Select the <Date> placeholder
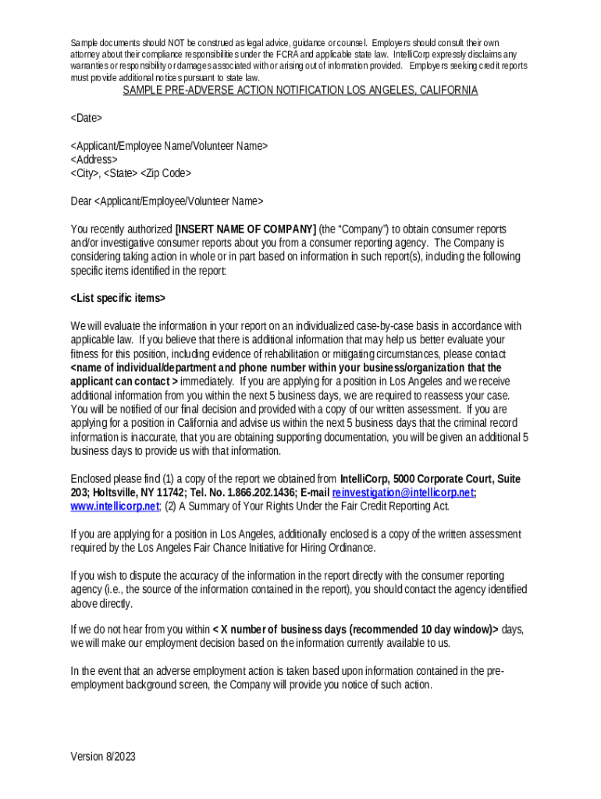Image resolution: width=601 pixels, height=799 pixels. (86, 118)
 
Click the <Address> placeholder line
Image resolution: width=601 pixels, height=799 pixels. (94, 159)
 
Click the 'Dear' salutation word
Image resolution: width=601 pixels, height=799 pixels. (81, 201)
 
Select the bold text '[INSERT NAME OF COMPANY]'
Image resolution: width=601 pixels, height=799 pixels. (245, 229)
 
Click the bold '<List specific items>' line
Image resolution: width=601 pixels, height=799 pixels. (118, 299)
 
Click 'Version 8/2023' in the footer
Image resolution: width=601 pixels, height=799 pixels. (103, 756)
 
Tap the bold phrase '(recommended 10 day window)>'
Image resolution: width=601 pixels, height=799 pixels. (423, 630)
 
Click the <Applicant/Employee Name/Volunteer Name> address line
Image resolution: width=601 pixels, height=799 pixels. (169, 146)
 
